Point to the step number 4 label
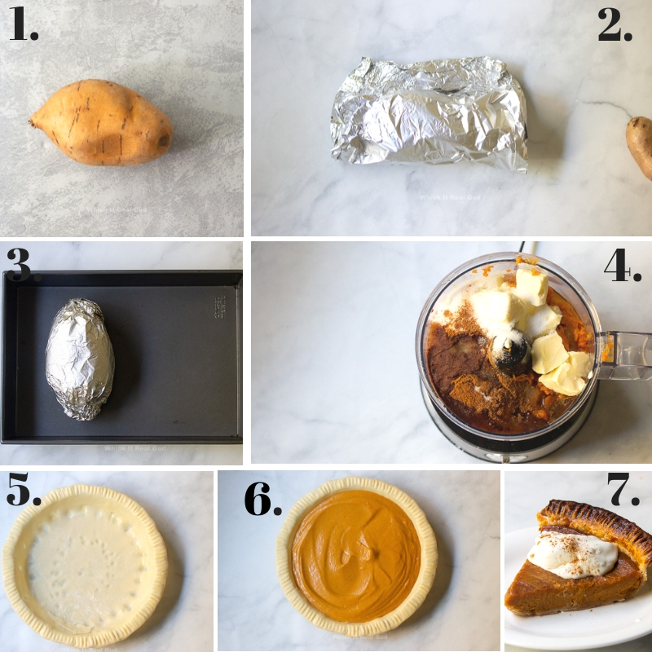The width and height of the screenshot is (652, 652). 622,266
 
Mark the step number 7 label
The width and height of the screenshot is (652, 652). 623,491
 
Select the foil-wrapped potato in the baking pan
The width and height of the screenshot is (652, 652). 79,359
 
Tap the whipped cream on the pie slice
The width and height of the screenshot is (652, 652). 574,555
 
